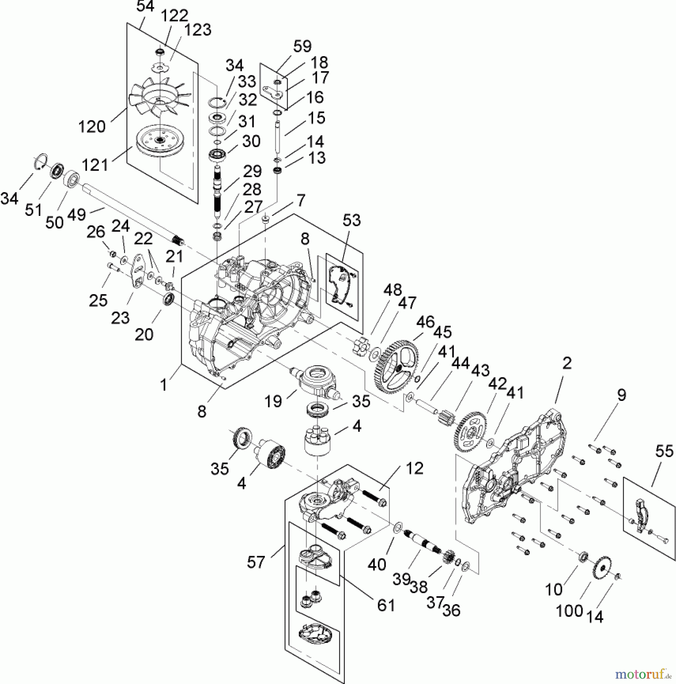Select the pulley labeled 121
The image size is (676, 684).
pyautogui.click(x=159, y=141)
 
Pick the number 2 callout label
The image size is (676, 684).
pyautogui.click(x=567, y=363)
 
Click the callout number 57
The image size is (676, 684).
pyautogui.click(x=256, y=562)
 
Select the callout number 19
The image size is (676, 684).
pyautogui.click(x=273, y=401)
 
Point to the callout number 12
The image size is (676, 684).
pyautogui.click(x=414, y=469)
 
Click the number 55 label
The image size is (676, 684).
pyautogui.click(x=664, y=451)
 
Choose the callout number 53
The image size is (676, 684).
pyautogui.click(x=351, y=220)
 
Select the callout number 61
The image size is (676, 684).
pyautogui.click(x=386, y=605)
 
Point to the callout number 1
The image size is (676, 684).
pyautogui.click(x=163, y=385)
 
